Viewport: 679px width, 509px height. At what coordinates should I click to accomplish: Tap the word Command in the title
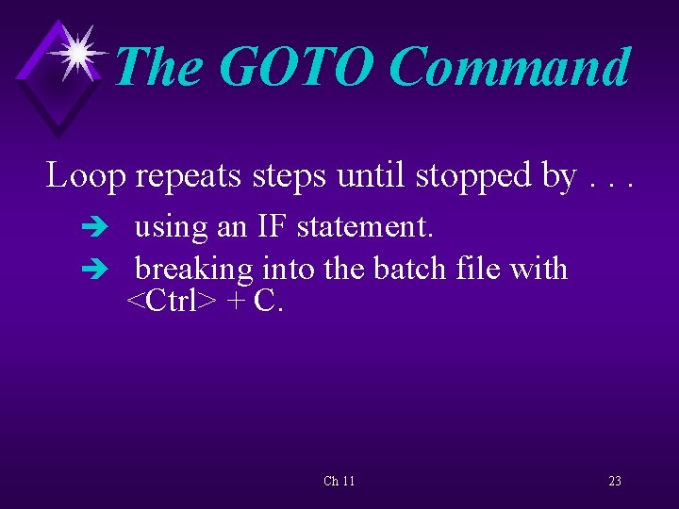tap(508, 68)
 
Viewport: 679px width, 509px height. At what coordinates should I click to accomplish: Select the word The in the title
tap(159, 68)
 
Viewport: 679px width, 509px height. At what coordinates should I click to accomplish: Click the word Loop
tap(86, 175)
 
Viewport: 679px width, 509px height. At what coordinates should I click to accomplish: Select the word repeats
tap(187, 175)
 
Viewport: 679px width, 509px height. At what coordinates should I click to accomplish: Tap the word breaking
tap(194, 270)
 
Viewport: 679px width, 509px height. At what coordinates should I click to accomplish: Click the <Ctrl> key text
tap(172, 302)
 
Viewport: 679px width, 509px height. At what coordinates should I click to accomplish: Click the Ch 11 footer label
tap(339, 481)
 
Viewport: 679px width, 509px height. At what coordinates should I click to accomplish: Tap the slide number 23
tap(615, 481)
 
